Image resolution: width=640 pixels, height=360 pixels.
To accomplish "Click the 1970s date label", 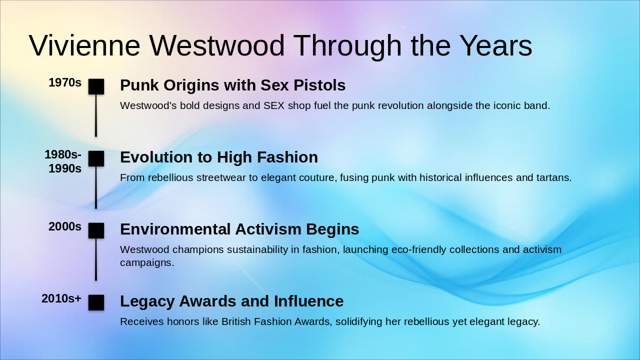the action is [65, 82].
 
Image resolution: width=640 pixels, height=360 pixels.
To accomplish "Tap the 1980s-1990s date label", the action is [63, 161].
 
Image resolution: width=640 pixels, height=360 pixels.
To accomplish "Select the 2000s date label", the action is [65, 226].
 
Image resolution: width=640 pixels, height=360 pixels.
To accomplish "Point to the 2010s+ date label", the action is [61, 298].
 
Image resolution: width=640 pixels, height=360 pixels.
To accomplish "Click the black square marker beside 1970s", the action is [96, 86].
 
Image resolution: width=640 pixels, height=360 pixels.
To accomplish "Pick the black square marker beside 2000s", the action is [96, 230].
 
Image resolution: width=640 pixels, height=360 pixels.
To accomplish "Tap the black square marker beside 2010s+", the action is [96, 302].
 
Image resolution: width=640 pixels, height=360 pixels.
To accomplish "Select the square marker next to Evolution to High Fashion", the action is [96, 158].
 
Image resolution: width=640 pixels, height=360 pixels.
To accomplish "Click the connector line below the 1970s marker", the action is [96, 115].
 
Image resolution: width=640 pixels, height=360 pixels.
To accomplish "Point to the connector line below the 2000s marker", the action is [96, 259].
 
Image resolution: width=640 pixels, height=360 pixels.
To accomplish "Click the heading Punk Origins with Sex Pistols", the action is [233, 85].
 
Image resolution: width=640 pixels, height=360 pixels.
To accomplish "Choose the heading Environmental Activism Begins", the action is [239, 229].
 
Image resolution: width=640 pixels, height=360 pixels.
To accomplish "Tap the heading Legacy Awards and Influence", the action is [231, 301].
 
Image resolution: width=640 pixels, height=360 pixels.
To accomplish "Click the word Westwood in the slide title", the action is [217, 45].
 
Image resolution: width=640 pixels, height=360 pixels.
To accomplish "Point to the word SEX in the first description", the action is [274, 105].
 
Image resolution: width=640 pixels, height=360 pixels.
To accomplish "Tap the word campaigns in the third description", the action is [147, 263].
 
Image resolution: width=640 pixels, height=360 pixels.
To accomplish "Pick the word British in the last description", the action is [236, 321].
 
